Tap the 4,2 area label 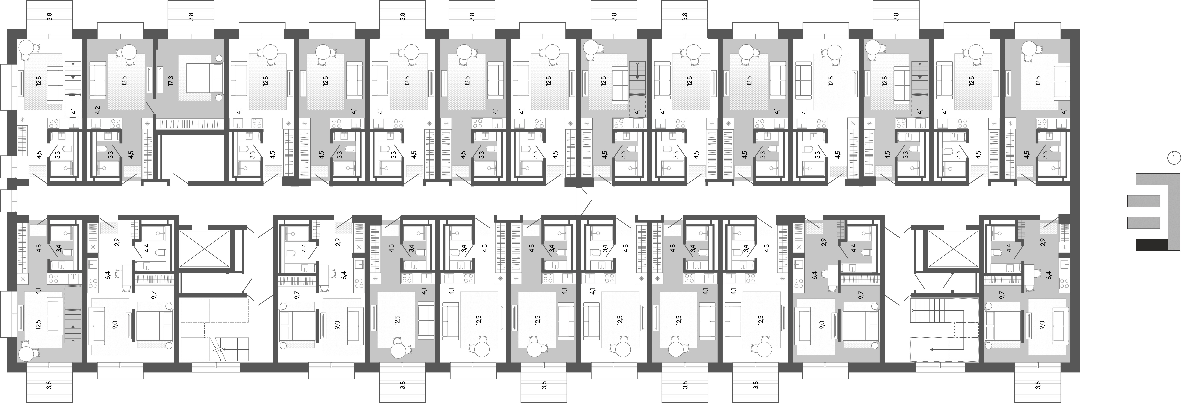97,110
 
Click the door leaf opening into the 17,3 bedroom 150,108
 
